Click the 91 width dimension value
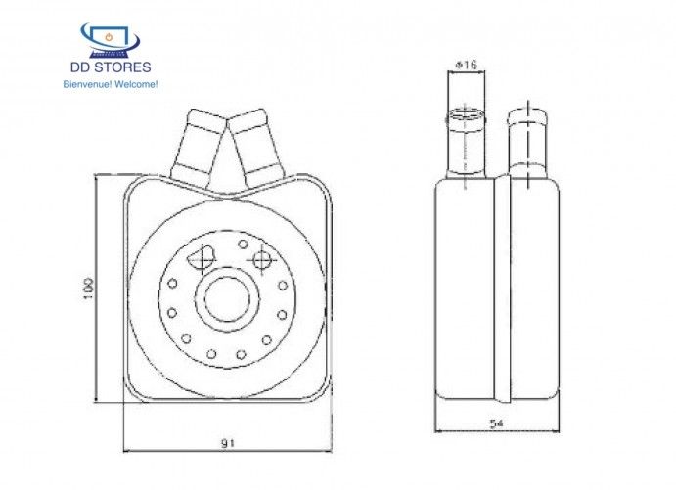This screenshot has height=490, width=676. tap(227, 443)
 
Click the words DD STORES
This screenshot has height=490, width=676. tap(110, 67)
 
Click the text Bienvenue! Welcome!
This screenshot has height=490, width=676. tap(110, 84)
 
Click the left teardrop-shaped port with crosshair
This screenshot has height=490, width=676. tap(202, 259)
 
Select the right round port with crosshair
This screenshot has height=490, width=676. tap(261, 259)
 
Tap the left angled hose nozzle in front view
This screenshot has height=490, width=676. tap(200, 147)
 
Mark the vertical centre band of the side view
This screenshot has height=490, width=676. tap(502, 289)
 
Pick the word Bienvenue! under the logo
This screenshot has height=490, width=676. tap(86, 84)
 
